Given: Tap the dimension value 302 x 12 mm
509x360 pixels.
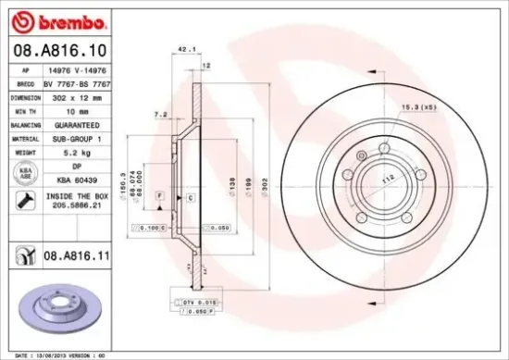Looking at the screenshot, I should coord(79,95).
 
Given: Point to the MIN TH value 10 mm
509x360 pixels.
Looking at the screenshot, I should coord(79,109).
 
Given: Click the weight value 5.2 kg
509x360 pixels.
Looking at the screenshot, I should coord(79,150).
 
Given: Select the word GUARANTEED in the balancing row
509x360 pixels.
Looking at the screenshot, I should coord(79,123).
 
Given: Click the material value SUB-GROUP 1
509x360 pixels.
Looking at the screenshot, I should coord(79,137).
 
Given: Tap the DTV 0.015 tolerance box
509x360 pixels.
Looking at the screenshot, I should coord(191,303).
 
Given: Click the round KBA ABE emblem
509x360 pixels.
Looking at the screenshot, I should coord(19,172).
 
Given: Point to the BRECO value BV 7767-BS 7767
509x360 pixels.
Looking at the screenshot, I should coord(79,82).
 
